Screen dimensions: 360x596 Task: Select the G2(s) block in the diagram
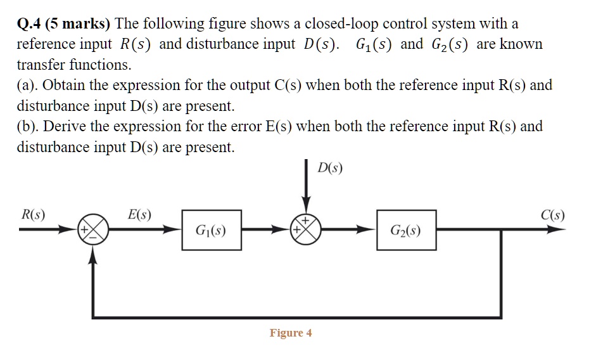[406, 231]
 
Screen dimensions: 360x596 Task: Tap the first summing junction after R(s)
[94, 231]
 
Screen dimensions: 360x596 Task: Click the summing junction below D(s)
[307, 231]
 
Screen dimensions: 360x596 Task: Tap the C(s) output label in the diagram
[552, 214]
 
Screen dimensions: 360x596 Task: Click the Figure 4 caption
[291, 333]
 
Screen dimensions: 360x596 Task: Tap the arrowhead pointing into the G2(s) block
[370, 231]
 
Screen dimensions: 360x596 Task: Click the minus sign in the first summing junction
[94, 238]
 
